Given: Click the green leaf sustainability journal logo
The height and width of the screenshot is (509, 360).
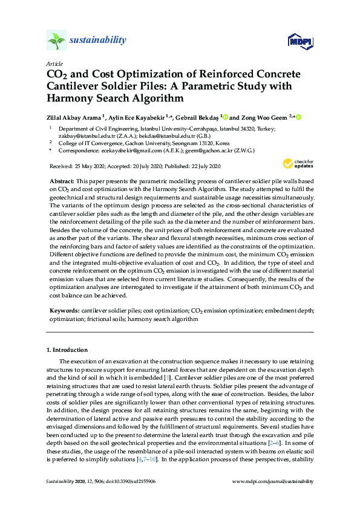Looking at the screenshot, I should pos(56,41).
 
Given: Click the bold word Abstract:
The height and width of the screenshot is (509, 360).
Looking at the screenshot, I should pos(63,182).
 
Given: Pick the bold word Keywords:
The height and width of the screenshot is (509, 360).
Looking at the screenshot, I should pos(64,310).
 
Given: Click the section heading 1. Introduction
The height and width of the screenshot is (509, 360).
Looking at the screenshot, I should pos(67,350).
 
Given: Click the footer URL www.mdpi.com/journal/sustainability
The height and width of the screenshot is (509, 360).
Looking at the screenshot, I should pos(273,481).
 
